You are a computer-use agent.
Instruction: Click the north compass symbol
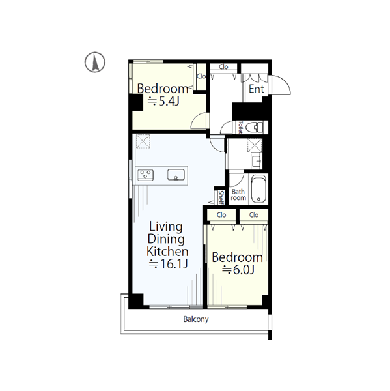click(95, 63)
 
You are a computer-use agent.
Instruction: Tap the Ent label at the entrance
click(257, 89)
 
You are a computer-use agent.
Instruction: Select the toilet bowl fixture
click(254, 128)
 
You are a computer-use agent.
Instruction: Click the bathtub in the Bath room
click(258, 189)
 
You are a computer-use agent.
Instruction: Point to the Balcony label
click(196, 319)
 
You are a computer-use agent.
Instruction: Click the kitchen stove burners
click(145, 175)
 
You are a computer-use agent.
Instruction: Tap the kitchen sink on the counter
click(176, 175)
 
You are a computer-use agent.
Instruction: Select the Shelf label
click(221, 197)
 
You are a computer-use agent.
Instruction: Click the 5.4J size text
click(163, 102)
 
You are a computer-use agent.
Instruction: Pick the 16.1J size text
click(168, 264)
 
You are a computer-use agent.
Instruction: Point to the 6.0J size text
click(238, 270)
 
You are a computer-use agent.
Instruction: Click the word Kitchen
click(167, 252)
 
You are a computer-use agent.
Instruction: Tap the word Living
click(166, 227)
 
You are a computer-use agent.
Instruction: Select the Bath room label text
click(238, 195)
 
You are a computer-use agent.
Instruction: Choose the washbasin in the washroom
click(257, 160)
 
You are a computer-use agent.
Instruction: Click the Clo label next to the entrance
click(223, 67)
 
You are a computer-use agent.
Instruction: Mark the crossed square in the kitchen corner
click(143, 141)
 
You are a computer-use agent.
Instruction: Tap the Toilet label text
click(240, 127)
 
